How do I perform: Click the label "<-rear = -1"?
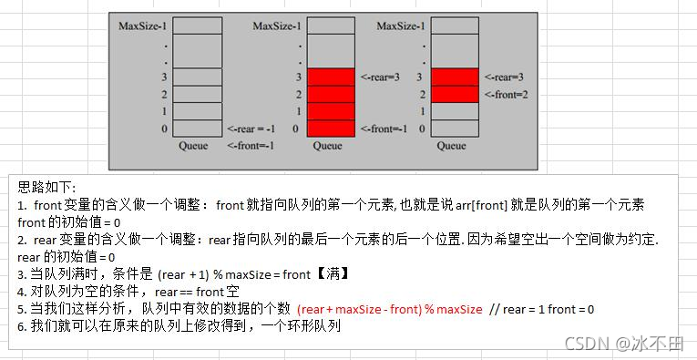click(x=251, y=129)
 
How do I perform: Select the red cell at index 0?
click(x=332, y=129)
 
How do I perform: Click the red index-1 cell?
click(x=332, y=111)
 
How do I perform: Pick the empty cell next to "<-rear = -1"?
click(x=197, y=129)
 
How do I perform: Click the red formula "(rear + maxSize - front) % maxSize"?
click(x=390, y=309)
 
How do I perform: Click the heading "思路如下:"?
click(x=46, y=186)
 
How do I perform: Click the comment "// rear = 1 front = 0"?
click(x=542, y=309)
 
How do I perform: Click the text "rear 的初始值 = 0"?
click(x=63, y=256)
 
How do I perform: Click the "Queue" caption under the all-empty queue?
click(x=193, y=145)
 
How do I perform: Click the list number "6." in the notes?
click(x=23, y=325)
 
